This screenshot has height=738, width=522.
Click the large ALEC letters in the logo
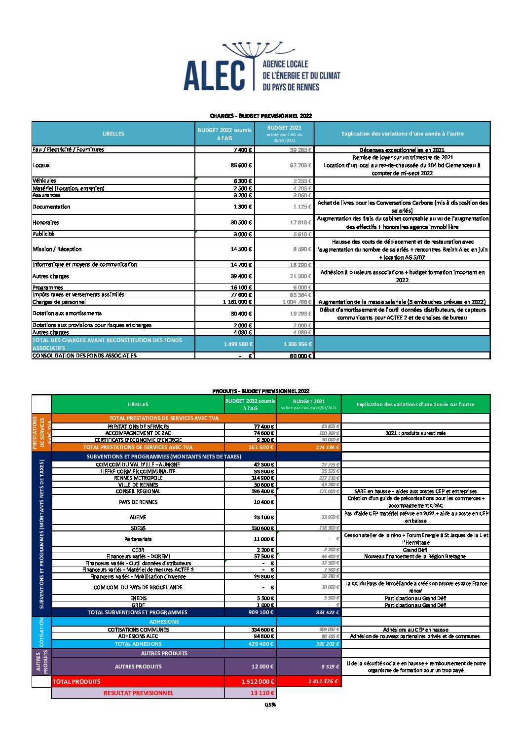[x=215, y=76]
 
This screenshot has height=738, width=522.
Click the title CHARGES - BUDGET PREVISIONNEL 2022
[x=261, y=116]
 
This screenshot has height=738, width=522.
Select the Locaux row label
[x=41, y=165]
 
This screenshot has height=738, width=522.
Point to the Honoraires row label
[x=46, y=222]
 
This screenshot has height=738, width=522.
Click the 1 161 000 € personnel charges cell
[x=237, y=302]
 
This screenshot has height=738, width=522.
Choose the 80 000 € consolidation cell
[x=300, y=356]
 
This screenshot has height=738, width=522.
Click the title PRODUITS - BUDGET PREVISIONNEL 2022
[x=261, y=391]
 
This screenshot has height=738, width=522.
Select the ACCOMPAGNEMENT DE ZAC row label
[x=138, y=433]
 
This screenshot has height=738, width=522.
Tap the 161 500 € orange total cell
[x=261, y=447]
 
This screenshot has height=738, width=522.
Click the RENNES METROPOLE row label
[x=138, y=478]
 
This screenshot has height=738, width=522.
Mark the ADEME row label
[x=138, y=517]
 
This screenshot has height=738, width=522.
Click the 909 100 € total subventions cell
[x=261, y=612]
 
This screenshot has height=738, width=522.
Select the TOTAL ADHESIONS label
[x=138, y=644]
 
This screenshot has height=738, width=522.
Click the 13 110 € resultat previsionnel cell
[x=262, y=693]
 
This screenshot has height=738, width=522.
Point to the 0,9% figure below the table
[x=270, y=704]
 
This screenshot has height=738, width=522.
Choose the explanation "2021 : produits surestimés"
[x=415, y=433]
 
